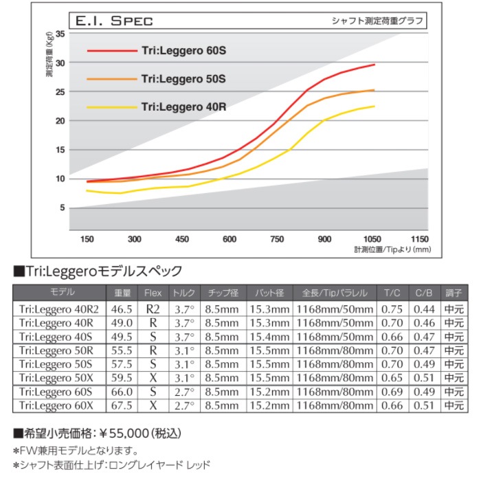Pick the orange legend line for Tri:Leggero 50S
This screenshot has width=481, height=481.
pyautogui.click(x=111, y=79)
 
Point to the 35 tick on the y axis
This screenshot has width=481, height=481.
pyautogui.click(x=60, y=34)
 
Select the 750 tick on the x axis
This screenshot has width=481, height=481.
pyautogui.click(x=277, y=239)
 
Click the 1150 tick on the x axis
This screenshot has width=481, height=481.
pyautogui.click(x=418, y=239)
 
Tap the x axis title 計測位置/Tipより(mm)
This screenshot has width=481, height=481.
pyautogui.click(x=392, y=249)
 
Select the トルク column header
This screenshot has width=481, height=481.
pyautogui.click(x=184, y=292)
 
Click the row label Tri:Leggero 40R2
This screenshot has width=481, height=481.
pyautogui.click(x=58, y=309)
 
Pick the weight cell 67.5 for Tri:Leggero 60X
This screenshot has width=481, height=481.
pyautogui.click(x=121, y=405)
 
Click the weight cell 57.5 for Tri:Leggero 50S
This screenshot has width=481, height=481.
pyautogui.click(x=121, y=364)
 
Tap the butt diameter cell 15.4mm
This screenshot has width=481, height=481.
pyautogui.click(x=269, y=337)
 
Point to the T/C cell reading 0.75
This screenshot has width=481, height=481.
pyautogui.click(x=392, y=309)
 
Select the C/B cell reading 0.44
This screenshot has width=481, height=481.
pyautogui.click(x=424, y=309)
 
